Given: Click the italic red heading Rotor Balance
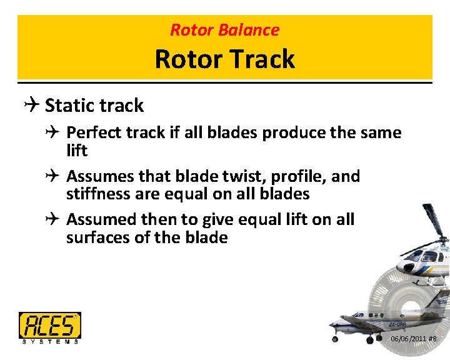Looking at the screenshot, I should [x=224, y=29].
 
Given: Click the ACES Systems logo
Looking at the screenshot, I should [x=50, y=327].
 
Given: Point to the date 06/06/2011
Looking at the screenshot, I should [x=409, y=339].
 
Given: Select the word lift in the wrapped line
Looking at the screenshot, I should [x=77, y=151].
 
